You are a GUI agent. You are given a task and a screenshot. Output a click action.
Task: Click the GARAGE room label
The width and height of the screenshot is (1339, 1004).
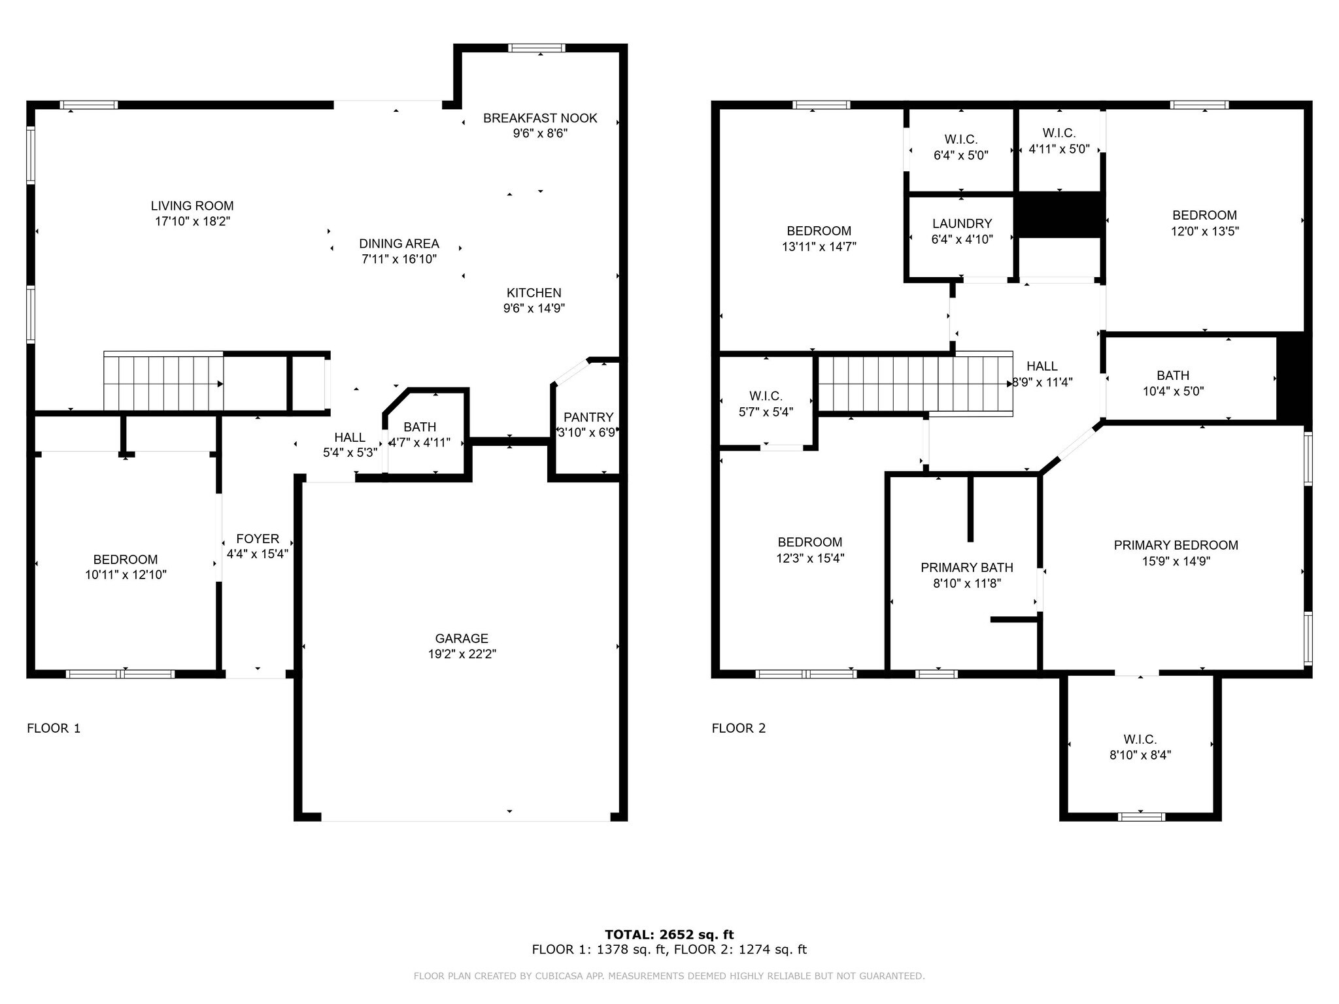(x=462, y=639)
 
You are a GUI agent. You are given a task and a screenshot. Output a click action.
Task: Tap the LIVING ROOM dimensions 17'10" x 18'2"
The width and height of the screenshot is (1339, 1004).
(x=192, y=222)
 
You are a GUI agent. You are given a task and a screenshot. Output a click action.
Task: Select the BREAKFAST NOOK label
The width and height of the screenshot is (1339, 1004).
(x=540, y=118)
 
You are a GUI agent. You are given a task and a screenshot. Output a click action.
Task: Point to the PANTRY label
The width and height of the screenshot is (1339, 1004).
(x=588, y=417)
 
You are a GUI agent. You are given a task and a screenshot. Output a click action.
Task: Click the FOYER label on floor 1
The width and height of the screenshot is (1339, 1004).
(x=258, y=539)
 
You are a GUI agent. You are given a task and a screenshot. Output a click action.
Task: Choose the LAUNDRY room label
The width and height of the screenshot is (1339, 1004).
(x=962, y=224)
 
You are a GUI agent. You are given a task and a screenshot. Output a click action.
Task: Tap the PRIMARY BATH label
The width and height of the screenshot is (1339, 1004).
(x=966, y=567)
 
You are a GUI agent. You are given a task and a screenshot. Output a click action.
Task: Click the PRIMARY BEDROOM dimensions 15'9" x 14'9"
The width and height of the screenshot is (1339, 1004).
(x=1176, y=561)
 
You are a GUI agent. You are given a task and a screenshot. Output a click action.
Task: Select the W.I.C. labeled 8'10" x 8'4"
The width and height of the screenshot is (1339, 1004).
(x=1140, y=747)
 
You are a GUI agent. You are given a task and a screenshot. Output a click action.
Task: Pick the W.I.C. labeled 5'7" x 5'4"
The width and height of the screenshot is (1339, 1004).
(x=766, y=404)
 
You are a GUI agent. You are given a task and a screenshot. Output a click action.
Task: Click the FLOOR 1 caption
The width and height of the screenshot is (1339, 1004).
(x=54, y=728)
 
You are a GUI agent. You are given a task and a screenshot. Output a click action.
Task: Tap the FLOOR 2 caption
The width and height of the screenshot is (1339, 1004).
(x=738, y=728)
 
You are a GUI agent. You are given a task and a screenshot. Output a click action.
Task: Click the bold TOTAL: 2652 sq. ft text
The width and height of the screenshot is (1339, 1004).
(x=669, y=934)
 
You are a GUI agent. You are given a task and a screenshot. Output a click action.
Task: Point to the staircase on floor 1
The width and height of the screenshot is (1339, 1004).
(x=163, y=383)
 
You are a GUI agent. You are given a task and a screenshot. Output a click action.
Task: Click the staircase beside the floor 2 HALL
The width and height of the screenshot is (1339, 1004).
(x=915, y=383)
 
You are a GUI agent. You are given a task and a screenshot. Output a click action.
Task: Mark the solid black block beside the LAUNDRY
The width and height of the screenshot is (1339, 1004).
(x=1059, y=215)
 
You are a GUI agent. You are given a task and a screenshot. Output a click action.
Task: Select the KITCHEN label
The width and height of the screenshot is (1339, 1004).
(x=534, y=293)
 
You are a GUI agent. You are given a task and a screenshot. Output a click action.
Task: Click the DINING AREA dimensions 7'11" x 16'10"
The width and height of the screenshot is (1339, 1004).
(x=399, y=259)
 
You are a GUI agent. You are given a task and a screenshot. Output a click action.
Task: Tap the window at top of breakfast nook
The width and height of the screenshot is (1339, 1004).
(x=537, y=48)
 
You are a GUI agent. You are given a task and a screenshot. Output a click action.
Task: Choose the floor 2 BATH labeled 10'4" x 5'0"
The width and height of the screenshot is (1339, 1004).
(x=1173, y=383)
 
